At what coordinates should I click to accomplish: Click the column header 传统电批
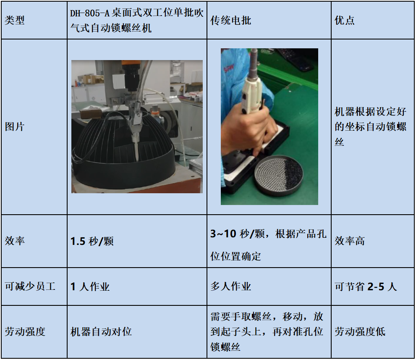pos(230,21)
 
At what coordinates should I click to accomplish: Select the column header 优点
pos(344,21)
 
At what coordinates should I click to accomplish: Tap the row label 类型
pos(15,21)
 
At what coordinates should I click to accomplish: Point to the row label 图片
pos(15,126)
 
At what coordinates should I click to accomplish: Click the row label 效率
pos(15,241)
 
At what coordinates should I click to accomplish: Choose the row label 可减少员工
pos(30,286)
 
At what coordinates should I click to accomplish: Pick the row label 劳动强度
pos(25,331)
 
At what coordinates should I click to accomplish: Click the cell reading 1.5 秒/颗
pos(92,241)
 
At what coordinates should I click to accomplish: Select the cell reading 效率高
pos(350,241)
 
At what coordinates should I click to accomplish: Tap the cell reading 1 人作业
pos(90,286)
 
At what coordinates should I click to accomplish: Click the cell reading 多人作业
pos(230,286)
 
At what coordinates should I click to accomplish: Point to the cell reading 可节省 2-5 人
pos(366,286)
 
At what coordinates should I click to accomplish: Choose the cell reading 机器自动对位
pos(101,331)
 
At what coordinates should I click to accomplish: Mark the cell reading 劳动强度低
pos(360,331)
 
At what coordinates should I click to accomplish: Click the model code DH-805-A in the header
pos(90,13)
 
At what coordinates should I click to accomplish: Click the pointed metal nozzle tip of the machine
pos(136,151)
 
